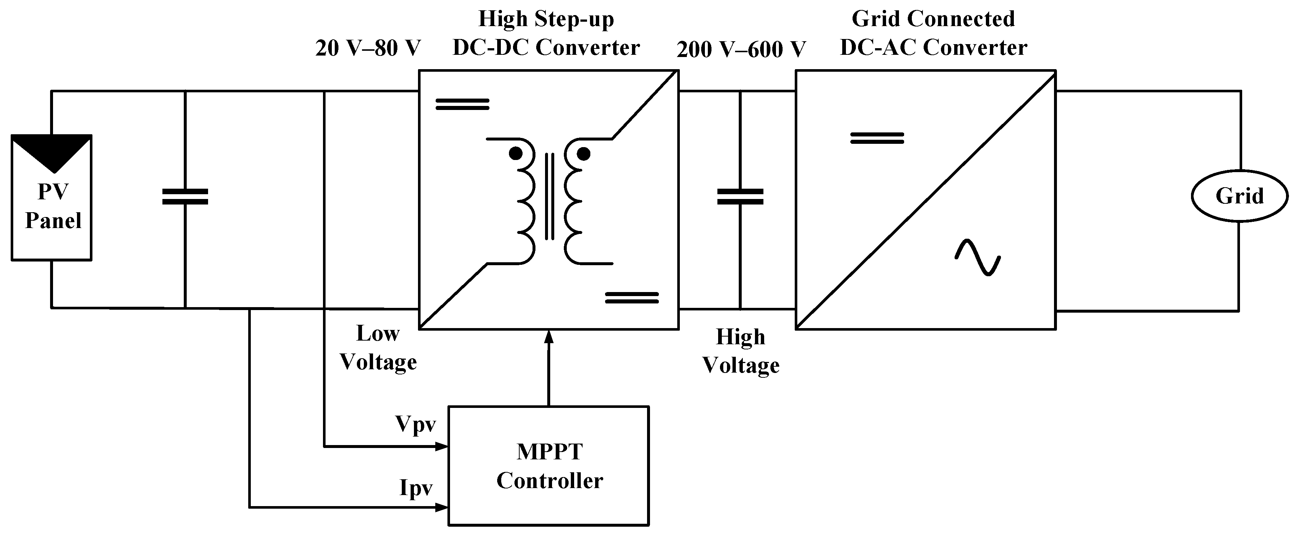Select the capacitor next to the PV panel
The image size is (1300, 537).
pyautogui.click(x=185, y=197)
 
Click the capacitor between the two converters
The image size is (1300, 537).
pyautogui.click(x=740, y=197)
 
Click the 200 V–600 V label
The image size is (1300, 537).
pyautogui.click(x=741, y=49)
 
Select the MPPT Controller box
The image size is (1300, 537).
pyautogui.click(x=549, y=466)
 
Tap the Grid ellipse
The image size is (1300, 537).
pyautogui.click(x=1240, y=196)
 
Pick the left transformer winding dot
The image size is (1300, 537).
pyautogui.click(x=515, y=153)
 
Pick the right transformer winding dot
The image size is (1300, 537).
pyautogui.click(x=583, y=153)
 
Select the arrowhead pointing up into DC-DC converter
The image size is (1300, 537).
pyautogui.click(x=549, y=337)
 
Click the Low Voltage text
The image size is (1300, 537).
pyautogui.click(x=378, y=348)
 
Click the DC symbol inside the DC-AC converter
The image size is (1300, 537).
pyautogui.click(x=877, y=138)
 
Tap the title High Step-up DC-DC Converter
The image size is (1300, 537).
pyautogui.click(x=546, y=33)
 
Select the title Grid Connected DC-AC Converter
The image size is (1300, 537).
pyautogui.click(x=933, y=33)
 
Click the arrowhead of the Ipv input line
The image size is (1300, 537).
pyautogui.click(x=442, y=507)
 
